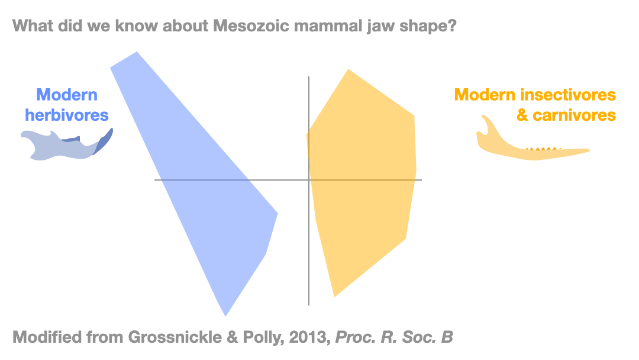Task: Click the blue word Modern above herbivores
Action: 67,95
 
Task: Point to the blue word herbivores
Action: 67,114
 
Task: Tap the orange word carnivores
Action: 583,114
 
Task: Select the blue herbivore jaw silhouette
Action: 59,147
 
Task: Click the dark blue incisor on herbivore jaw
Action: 105,141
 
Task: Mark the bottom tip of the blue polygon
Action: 225,315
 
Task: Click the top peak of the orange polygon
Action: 348,70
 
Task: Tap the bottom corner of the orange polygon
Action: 335,296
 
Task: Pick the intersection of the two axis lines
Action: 309,179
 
